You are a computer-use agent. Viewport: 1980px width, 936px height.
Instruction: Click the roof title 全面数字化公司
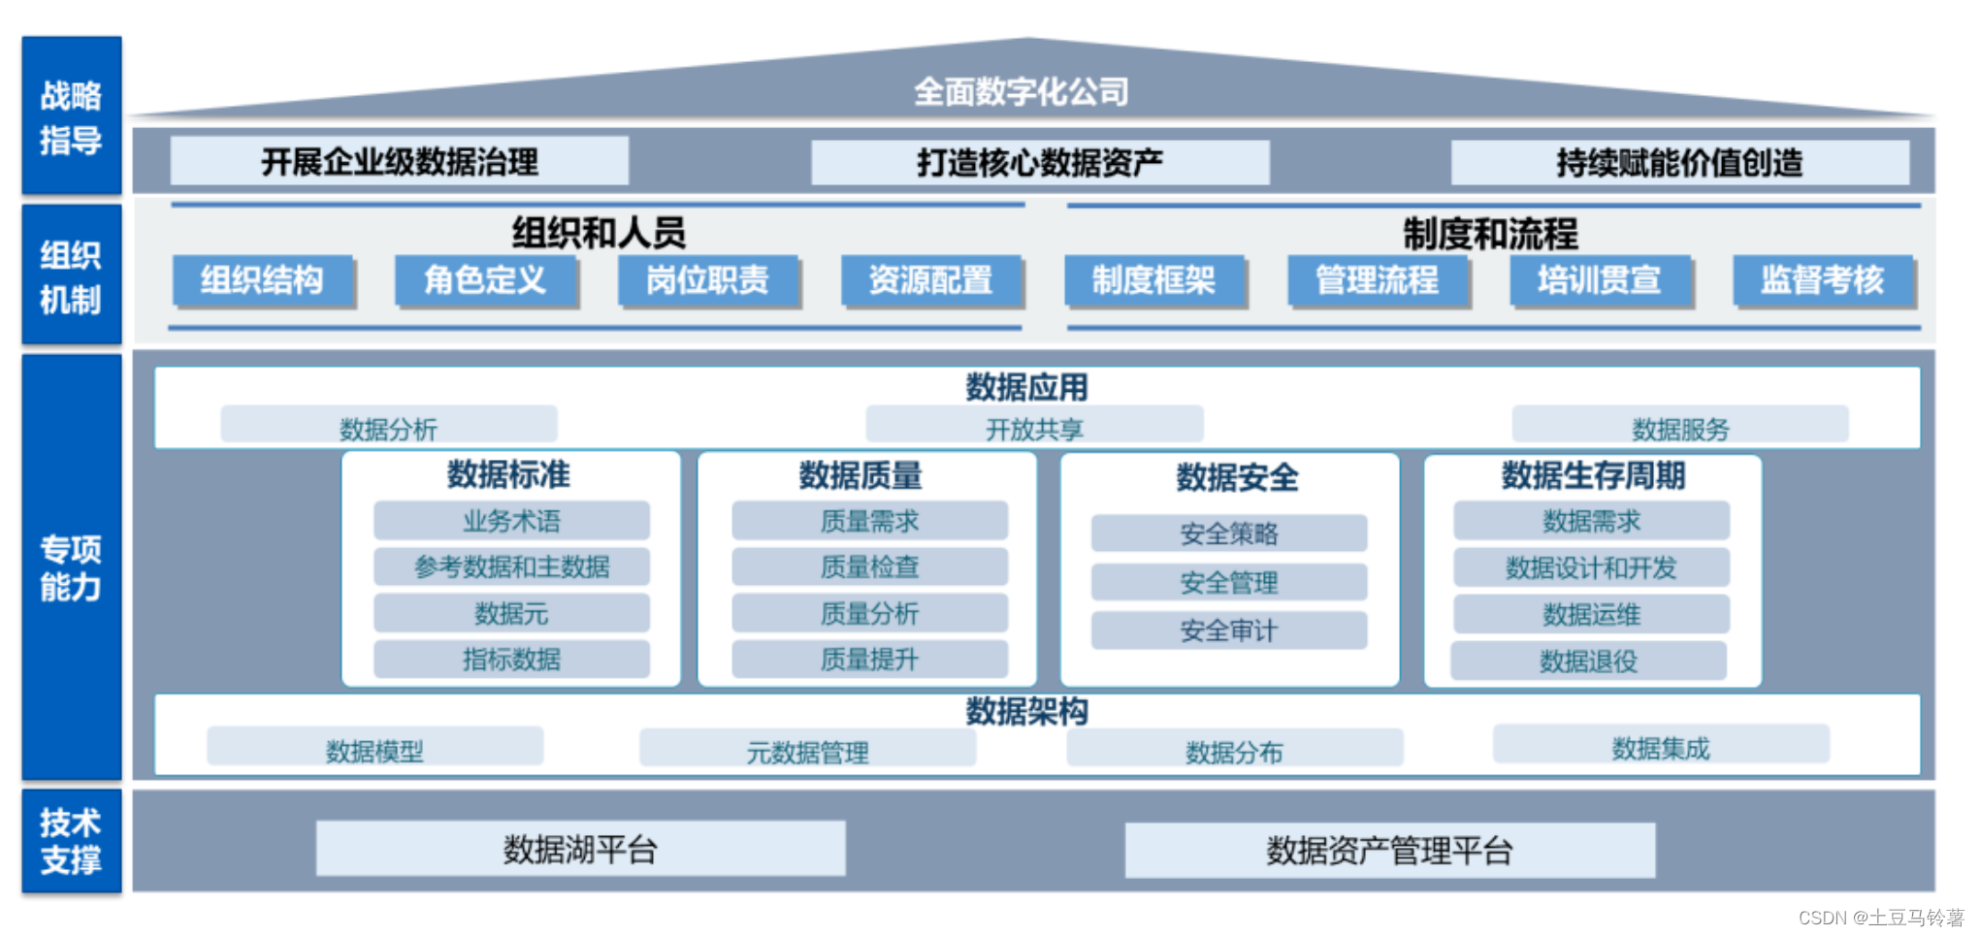[1022, 92]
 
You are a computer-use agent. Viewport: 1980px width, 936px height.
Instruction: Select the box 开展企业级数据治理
[399, 161]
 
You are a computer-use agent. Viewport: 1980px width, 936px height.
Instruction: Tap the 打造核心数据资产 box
[1040, 162]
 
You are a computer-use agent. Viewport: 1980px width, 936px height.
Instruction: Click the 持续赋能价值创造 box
[1679, 162]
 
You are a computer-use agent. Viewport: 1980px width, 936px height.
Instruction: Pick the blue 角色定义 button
[485, 280]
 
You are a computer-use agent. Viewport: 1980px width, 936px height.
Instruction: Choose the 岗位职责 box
[708, 280]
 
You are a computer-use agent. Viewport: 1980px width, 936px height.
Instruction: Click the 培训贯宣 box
[1599, 280]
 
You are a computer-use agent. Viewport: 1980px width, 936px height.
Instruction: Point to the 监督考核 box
[1822, 280]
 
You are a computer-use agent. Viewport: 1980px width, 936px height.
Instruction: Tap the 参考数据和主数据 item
[511, 566]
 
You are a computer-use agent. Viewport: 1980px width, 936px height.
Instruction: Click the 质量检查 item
[869, 566]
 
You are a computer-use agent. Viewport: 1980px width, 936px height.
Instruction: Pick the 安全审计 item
[1228, 630]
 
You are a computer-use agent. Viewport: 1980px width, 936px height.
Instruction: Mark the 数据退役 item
[1588, 662]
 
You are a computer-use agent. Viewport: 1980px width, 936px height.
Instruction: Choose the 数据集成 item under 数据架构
[1661, 747]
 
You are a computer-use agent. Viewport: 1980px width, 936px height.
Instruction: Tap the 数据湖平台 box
[580, 850]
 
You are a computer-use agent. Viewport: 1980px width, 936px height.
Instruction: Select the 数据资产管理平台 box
[1389, 851]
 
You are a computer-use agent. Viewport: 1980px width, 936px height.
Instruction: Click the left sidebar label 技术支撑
[71, 841]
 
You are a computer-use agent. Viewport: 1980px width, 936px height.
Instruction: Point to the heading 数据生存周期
[1593, 476]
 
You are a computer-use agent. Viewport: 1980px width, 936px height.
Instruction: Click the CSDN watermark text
[1880, 918]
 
